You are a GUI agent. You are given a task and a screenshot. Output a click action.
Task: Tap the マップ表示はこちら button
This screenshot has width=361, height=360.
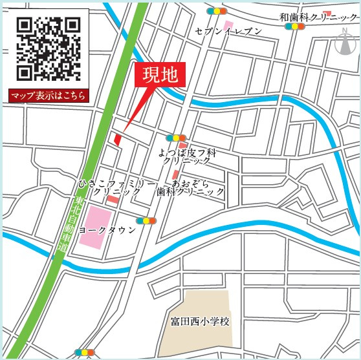(x=49, y=96)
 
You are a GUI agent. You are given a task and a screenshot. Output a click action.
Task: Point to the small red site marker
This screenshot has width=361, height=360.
(x=118, y=138)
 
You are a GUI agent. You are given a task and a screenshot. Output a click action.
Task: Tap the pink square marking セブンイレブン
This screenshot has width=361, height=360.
(x=228, y=24)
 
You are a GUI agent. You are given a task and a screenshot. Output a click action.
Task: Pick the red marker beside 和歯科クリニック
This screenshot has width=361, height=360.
(x=327, y=13)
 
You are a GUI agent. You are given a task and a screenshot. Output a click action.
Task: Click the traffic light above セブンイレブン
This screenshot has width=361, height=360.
(x=217, y=11)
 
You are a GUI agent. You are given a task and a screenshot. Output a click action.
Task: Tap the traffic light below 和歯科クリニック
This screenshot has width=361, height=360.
(x=296, y=26)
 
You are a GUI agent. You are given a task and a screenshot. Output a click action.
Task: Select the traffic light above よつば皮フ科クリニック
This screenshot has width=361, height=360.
(x=175, y=138)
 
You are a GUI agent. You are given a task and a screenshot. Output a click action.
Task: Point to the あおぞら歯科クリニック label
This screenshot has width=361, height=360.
(x=192, y=187)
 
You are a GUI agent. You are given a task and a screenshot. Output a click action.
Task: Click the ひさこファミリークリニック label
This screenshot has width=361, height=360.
(x=116, y=188)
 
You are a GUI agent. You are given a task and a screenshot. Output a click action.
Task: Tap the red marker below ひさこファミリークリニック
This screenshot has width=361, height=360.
(x=113, y=200)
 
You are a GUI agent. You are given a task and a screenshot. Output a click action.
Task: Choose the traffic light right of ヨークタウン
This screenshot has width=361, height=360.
(x=149, y=220)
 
